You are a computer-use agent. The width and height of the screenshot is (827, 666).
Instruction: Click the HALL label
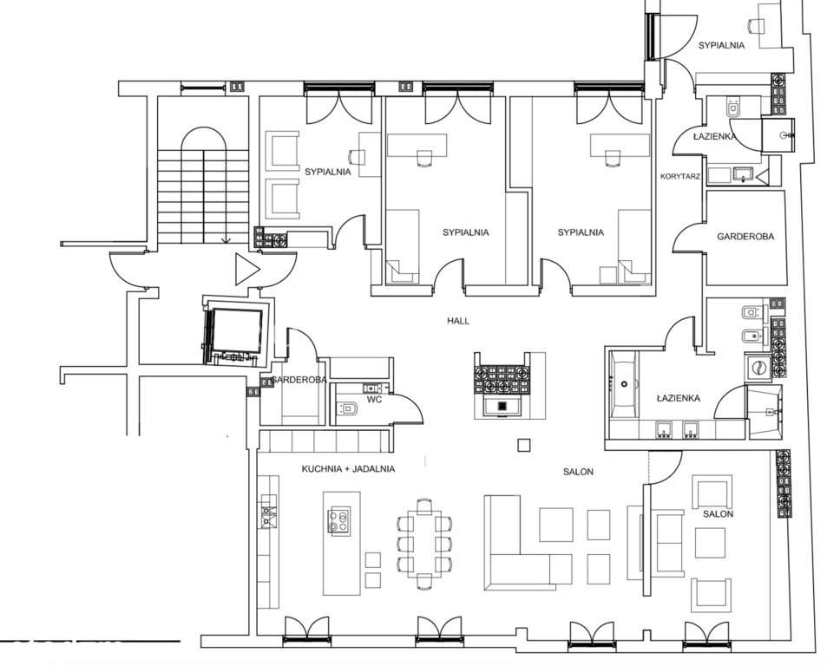458,321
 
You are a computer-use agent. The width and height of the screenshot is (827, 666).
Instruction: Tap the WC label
374,401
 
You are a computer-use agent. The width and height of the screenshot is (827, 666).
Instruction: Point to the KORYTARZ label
680,176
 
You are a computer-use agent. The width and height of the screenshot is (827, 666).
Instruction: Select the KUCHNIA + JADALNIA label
348,469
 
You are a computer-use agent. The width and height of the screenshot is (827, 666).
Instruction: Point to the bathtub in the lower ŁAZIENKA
624,382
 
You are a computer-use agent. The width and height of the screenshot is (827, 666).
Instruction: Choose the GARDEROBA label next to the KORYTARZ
745,237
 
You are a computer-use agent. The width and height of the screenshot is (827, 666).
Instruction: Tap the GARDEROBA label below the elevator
297,381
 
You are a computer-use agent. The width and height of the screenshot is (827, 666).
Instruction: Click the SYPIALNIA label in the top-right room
721,46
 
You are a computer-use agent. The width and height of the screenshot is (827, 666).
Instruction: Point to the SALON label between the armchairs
718,514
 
